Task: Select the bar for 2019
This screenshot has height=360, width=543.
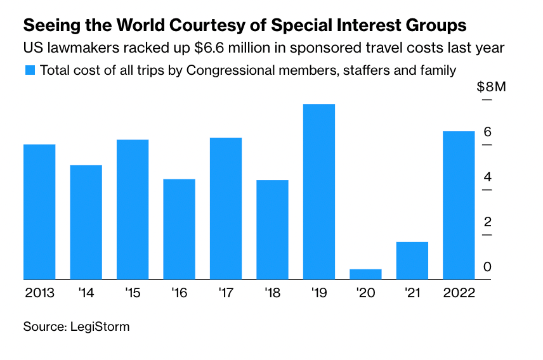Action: (x=319, y=191)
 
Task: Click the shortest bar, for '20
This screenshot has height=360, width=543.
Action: (x=365, y=274)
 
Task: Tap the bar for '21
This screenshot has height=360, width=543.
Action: (x=412, y=260)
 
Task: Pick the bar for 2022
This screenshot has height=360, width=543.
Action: (x=459, y=205)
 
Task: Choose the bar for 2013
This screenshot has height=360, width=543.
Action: (x=39, y=212)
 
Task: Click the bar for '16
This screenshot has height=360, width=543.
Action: (x=179, y=229)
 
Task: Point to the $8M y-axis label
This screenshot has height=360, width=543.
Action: (x=491, y=87)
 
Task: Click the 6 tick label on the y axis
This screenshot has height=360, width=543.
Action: (x=487, y=132)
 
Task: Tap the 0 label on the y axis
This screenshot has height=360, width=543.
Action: (x=487, y=267)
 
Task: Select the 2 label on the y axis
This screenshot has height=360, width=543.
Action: (x=487, y=222)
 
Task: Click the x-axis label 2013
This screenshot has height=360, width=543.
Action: (x=39, y=294)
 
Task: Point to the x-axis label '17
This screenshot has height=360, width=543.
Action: (x=225, y=294)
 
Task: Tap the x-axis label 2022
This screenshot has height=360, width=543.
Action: (x=459, y=294)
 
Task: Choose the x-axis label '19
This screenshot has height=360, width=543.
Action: (x=318, y=294)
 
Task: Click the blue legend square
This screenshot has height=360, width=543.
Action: (x=29, y=70)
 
